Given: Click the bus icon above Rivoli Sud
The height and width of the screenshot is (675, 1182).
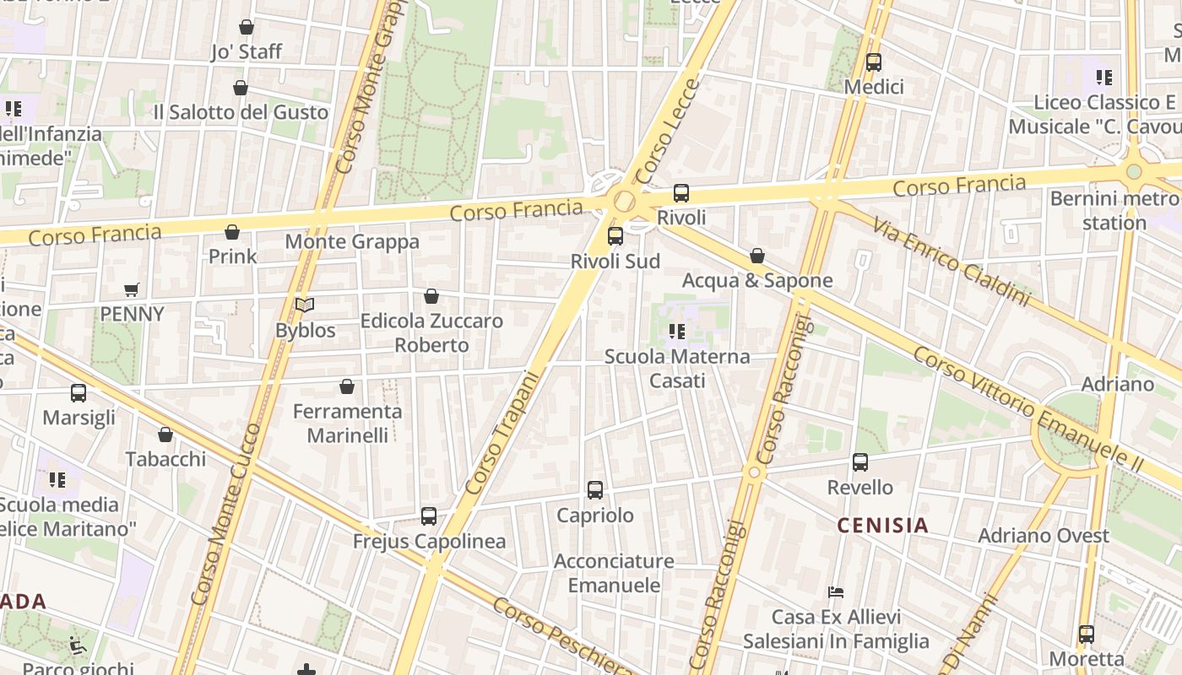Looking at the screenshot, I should [615, 236].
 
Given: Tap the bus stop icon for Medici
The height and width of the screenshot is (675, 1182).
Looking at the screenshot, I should [874, 62].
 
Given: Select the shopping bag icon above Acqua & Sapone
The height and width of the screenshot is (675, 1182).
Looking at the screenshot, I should [757, 256].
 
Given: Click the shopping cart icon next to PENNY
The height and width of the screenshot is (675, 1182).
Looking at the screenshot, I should [132, 290].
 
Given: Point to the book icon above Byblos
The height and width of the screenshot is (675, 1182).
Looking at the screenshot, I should [305, 305].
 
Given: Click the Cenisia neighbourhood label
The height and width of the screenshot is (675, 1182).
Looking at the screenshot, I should [882, 526].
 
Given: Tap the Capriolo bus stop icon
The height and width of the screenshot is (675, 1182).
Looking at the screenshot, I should [595, 490].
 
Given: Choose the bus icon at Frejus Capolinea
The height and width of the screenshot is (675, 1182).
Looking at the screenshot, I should [429, 516].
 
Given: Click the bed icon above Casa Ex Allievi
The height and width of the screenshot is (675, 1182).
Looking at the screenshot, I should [836, 591].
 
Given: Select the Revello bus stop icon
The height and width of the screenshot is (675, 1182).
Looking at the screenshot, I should [860, 462].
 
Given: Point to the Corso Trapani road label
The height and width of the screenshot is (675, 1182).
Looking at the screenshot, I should [502, 433].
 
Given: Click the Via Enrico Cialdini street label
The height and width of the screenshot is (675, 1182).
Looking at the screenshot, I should [952, 262].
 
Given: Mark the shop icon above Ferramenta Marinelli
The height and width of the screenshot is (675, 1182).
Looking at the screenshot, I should [347, 387].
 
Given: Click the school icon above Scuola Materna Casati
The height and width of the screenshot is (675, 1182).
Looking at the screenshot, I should [676, 332].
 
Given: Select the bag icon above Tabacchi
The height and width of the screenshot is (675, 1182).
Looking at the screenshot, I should [165, 435].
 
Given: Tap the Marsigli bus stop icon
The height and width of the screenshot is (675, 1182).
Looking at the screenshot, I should [79, 393].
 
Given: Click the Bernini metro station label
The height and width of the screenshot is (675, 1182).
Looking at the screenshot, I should [1114, 211].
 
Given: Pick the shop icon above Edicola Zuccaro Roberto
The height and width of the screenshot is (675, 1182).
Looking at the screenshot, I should [431, 296].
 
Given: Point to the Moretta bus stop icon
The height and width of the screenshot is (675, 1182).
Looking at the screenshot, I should [1087, 634].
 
